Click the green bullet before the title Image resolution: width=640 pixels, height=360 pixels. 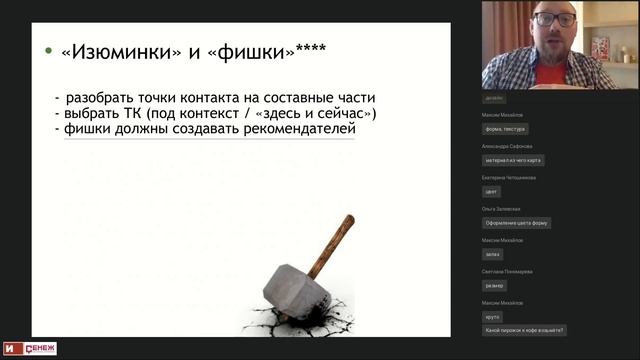48,51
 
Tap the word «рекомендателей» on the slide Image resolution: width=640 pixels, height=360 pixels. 296,129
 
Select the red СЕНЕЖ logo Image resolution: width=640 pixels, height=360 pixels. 43,348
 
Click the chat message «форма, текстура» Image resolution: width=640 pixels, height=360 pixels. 505,129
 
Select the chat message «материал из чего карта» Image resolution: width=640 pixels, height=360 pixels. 514,160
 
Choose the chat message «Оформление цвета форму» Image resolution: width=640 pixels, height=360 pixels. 516,223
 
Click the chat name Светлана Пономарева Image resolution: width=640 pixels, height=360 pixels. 506,271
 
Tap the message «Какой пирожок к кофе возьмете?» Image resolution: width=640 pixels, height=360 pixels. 524,329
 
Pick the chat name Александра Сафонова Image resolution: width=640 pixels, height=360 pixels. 506,146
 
